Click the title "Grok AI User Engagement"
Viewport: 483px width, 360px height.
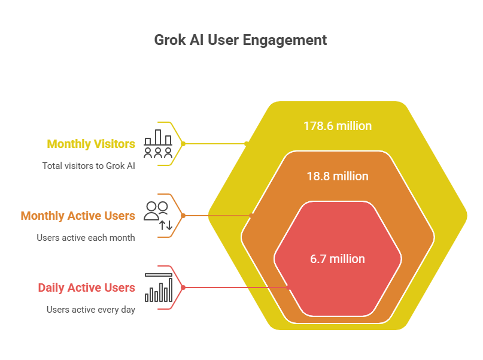241,40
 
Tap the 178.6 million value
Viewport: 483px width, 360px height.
337,126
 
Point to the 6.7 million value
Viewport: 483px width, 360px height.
337,259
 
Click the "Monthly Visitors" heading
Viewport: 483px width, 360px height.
91,144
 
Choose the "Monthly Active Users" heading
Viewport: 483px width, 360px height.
78,216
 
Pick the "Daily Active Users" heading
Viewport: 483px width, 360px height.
86,288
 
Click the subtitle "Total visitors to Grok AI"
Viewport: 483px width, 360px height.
89,165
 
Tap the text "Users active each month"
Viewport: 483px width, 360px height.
86,237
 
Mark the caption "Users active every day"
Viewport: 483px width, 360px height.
91,310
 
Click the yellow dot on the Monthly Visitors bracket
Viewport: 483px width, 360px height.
183,144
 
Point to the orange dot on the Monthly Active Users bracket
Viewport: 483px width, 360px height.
183,216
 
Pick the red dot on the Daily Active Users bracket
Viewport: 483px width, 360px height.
183,288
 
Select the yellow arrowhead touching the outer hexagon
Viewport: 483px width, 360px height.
245,144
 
